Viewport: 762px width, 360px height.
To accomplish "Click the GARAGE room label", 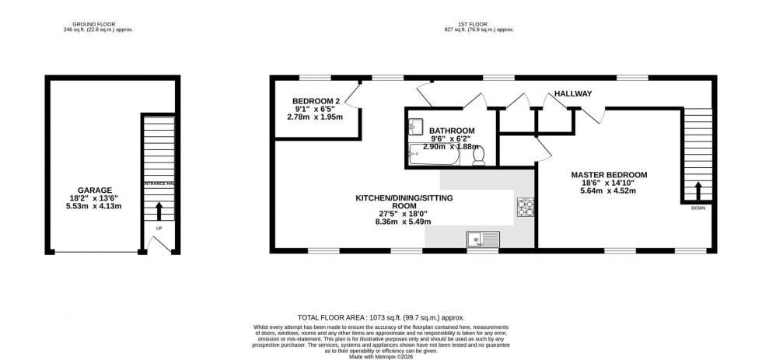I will (x=94, y=190).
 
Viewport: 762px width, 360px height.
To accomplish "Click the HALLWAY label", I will (x=573, y=94).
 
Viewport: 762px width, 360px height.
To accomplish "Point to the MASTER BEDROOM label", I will (x=609, y=175).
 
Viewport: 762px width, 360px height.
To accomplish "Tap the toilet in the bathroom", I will (x=478, y=156).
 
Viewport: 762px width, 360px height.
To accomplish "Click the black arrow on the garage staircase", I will (x=159, y=211).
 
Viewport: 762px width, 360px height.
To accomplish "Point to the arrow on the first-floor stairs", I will (x=697, y=190).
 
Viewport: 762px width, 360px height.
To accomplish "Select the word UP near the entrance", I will (x=159, y=229).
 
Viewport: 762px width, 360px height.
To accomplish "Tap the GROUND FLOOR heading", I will (x=89, y=25).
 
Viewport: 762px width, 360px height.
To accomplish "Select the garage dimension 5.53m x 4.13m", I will (x=94, y=207).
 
